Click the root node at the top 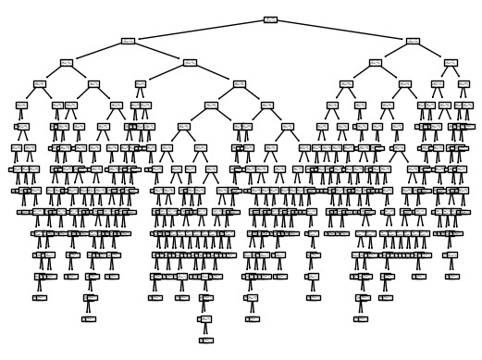coord(270,19)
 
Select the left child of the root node coord(129,41)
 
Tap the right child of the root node coord(412,41)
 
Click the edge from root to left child coord(199,31)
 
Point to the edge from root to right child coord(341,31)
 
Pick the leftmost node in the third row coord(67,62)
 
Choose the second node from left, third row coord(191,62)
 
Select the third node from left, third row coord(375,62)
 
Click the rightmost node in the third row coord(450,62)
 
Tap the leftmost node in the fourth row coord(39,83)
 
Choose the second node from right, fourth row coord(437,83)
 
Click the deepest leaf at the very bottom coord(204,340)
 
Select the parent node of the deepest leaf coord(204,318)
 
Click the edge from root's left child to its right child coord(160,52)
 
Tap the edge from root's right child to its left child coord(393,52)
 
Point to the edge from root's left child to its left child coord(97,52)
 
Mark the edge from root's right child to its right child coord(431,52)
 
